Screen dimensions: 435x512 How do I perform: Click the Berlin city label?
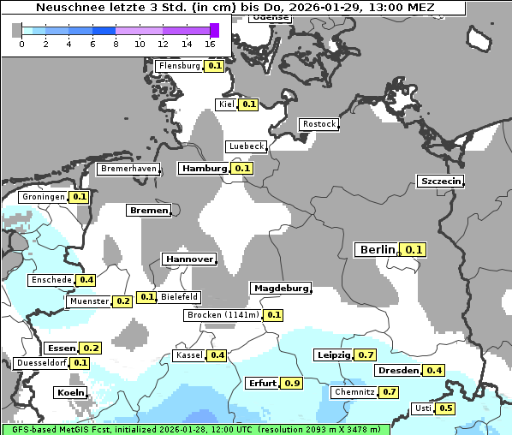pyautogui.click(x=377, y=250)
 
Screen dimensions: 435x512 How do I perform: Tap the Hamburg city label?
pyautogui.click(x=204, y=169)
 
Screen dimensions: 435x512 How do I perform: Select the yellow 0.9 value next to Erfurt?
pyautogui.click(x=292, y=383)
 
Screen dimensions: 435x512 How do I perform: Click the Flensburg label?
pyautogui.click(x=179, y=66)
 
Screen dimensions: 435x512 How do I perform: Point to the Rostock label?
pyautogui.click(x=319, y=124)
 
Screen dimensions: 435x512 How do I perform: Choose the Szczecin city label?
pyautogui.click(x=440, y=181)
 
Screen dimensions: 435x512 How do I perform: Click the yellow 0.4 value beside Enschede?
pyautogui.click(x=86, y=280)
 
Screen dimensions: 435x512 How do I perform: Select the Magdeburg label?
pyautogui.click(x=280, y=289)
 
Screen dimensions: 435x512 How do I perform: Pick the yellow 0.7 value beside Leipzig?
pyautogui.click(x=366, y=355)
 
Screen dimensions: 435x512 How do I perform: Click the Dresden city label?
pyautogui.click(x=397, y=371)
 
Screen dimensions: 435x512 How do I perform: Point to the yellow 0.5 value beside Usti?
pyautogui.click(x=446, y=408)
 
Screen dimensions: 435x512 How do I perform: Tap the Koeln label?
pyautogui.click(x=70, y=393)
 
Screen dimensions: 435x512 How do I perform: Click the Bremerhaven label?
pyautogui.click(x=128, y=169)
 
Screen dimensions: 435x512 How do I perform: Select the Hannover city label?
pyautogui.click(x=188, y=259)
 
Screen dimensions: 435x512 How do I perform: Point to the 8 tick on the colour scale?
pyautogui.click(x=116, y=44)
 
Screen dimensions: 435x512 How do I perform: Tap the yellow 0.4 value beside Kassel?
pyautogui.click(x=217, y=355)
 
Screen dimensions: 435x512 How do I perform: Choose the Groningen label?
pyautogui.click(x=43, y=197)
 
